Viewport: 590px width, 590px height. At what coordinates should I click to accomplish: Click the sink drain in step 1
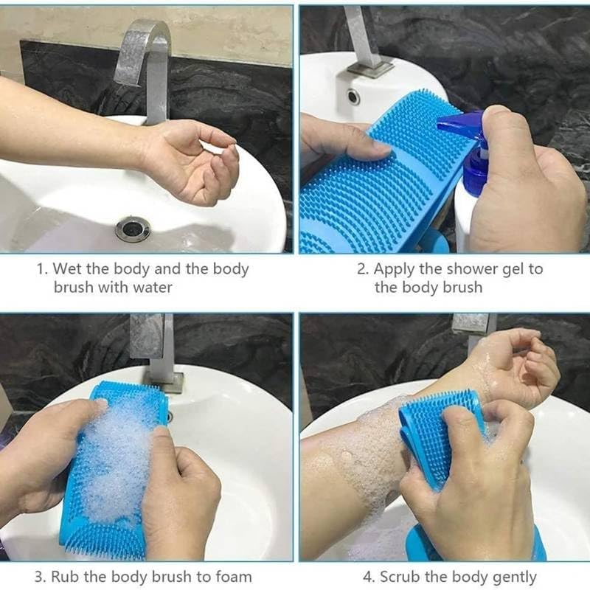pos(133,229)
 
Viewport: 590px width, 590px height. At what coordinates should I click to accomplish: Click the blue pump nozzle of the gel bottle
pos(461,126)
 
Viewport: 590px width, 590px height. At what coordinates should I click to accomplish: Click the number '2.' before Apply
pos(363,269)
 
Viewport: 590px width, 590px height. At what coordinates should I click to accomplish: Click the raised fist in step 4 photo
pos(516,365)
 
